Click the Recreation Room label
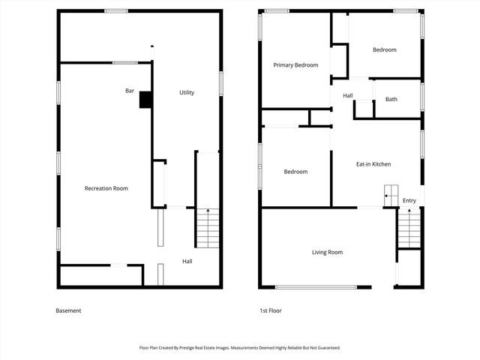coord(106,188)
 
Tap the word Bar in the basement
coord(130,91)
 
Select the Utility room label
coord(187,92)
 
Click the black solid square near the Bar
coord(145,100)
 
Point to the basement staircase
coord(207,228)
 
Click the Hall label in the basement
coord(187,261)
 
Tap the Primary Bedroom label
coord(295,65)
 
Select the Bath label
coord(391,99)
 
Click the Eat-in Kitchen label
coord(373,163)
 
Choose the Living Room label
coord(327,252)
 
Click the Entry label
coord(409,200)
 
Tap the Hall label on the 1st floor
coord(348,95)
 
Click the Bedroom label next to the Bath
coord(384,49)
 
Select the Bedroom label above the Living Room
coord(295,172)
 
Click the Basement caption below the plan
coord(68,310)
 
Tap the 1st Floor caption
coord(270,310)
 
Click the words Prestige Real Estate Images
coord(207,348)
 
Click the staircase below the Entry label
coord(409,228)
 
